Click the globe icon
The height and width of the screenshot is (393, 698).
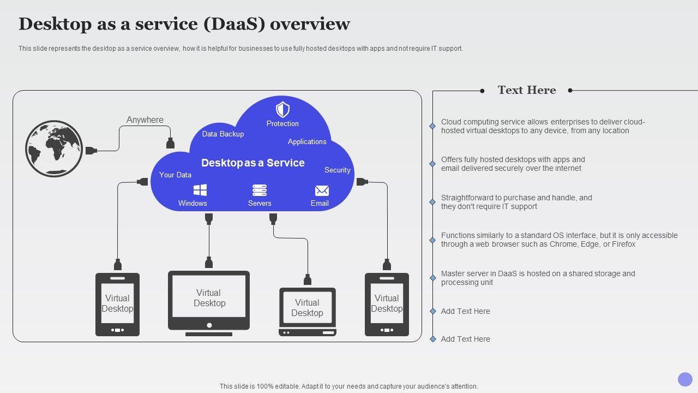pos(54,148)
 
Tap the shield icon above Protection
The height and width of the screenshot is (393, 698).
pos(282,109)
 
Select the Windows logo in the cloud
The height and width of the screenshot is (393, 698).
pos(200,190)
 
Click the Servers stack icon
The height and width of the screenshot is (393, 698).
pos(260,190)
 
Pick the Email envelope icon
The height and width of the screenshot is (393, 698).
pos(322,190)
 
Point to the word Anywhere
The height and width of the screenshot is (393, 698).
pos(145,120)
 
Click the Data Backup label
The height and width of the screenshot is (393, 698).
pos(223,134)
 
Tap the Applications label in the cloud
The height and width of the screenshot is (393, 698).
pos(307,142)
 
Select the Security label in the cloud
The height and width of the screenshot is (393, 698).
pos(338,170)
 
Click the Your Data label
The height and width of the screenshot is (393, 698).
pos(175,175)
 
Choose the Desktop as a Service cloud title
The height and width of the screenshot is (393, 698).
pos(253,163)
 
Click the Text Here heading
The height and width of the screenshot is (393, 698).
pos(527,91)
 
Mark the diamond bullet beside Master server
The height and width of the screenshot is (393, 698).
pos(432,278)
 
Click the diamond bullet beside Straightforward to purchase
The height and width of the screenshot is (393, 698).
pos(432,202)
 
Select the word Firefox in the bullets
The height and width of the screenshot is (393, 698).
pos(623,245)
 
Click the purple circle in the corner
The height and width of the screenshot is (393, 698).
pos(685,379)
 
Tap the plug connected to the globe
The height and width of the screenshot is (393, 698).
pos(91,150)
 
